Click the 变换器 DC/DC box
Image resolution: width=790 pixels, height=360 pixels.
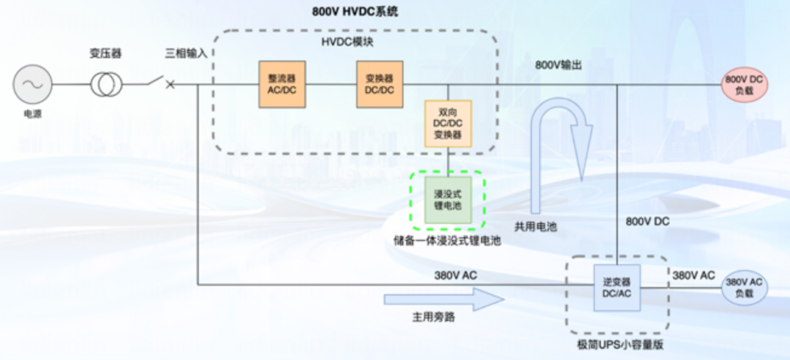point(380,84)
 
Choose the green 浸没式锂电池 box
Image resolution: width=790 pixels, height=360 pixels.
point(448,198)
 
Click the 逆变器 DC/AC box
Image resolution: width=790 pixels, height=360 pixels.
point(616,288)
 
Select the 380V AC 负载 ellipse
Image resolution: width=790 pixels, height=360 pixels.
point(745,288)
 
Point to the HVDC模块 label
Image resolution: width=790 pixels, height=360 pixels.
point(347,42)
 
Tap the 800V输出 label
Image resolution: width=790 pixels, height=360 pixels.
point(559,65)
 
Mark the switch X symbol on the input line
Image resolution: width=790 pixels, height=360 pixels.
point(170,84)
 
